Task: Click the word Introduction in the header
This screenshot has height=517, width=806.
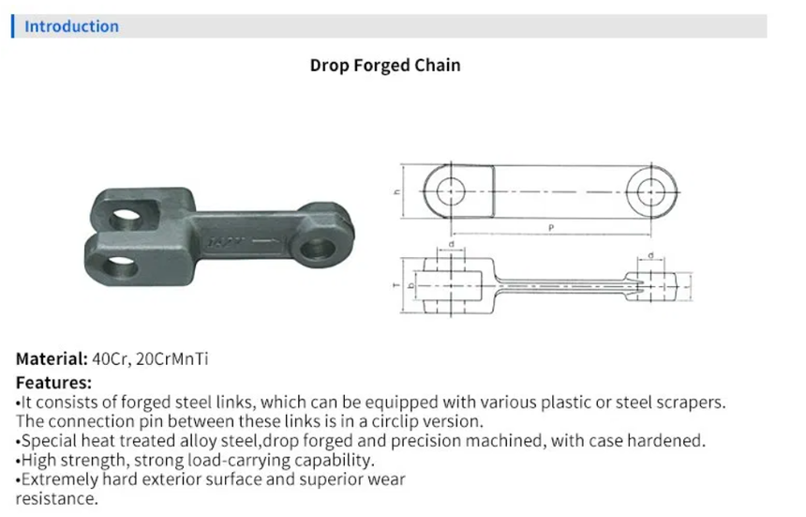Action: coord(71,26)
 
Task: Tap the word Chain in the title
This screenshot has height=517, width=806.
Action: coord(438,66)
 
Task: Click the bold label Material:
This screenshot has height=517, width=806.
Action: coord(52,358)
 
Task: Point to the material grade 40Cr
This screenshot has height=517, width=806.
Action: coord(110,359)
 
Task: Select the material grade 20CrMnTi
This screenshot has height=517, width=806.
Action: coord(172,358)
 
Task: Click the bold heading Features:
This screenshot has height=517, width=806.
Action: coord(54,383)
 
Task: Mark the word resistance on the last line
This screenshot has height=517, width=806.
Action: coord(55,498)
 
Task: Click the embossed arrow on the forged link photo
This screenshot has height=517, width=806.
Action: coord(267,241)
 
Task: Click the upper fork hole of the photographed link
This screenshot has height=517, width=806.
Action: coord(126,220)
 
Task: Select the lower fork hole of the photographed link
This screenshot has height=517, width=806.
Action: coord(120,267)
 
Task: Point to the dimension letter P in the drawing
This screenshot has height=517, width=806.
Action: coord(551,228)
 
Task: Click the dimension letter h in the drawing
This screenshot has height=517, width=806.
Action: coord(396,192)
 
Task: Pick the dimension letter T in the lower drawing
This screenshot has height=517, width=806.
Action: coord(396,285)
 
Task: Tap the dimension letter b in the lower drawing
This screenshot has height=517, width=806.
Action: coord(410,285)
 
